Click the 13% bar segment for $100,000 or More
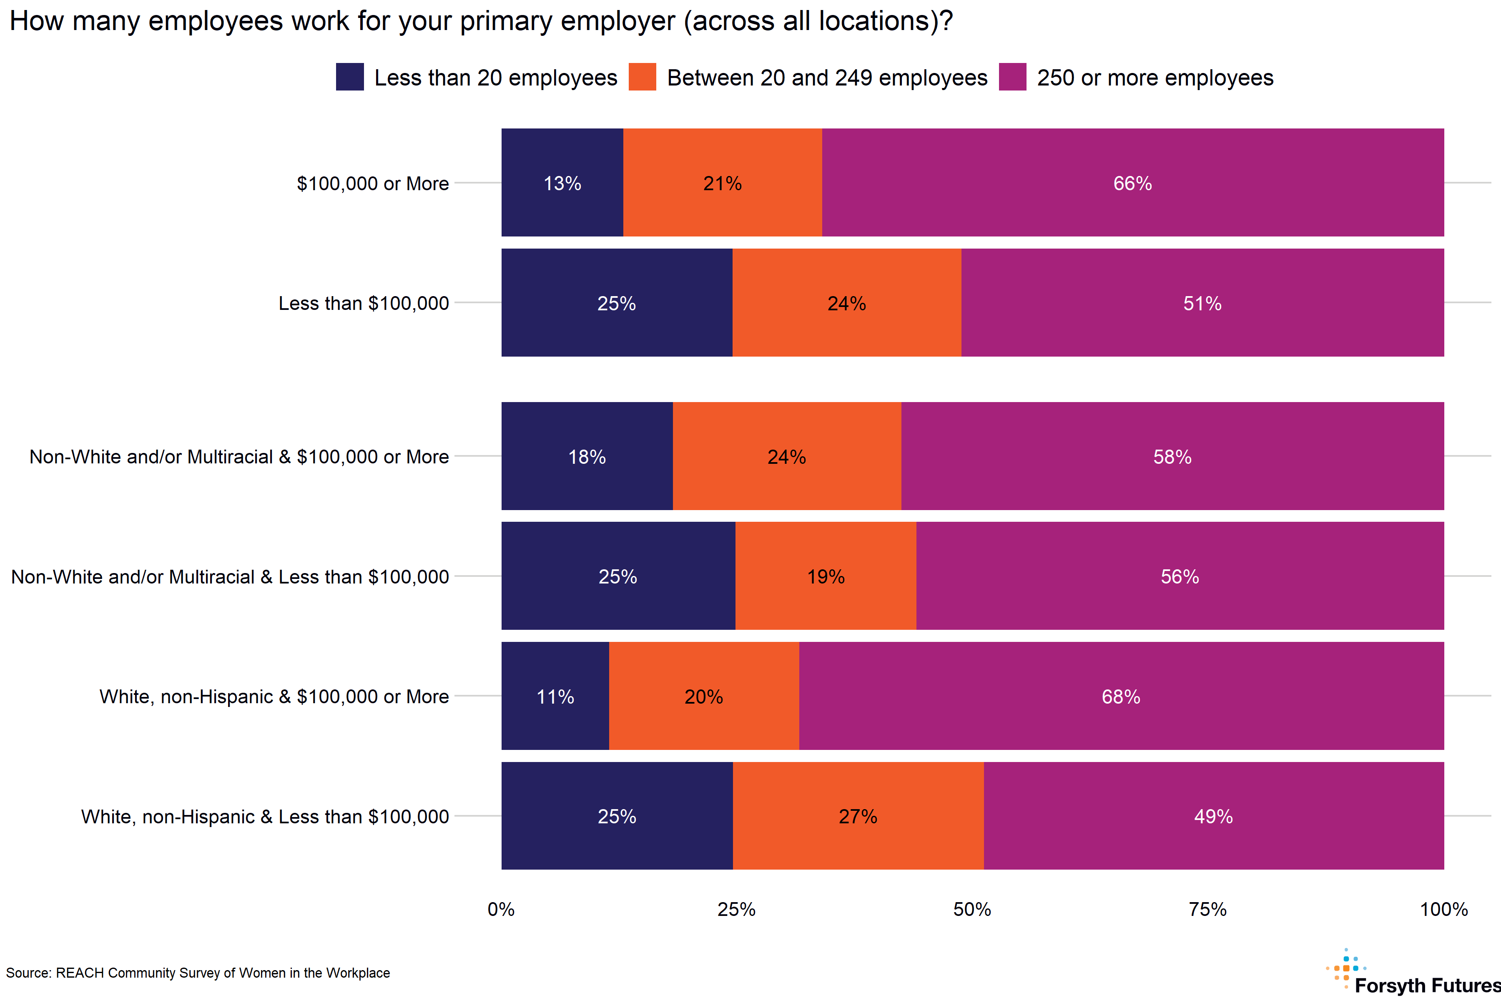(562, 183)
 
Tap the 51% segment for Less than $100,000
(1202, 303)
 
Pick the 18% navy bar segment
(587, 456)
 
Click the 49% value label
(1213, 817)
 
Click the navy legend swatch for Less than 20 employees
(350, 77)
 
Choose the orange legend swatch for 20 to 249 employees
(642, 77)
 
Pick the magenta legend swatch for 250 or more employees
(1012, 77)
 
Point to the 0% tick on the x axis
(501, 909)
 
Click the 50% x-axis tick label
(972, 909)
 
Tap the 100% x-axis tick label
(1443, 909)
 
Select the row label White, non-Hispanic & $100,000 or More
(274, 697)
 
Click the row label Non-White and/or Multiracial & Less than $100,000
(230, 576)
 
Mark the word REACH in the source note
(79, 973)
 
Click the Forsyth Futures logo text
(1427, 986)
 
